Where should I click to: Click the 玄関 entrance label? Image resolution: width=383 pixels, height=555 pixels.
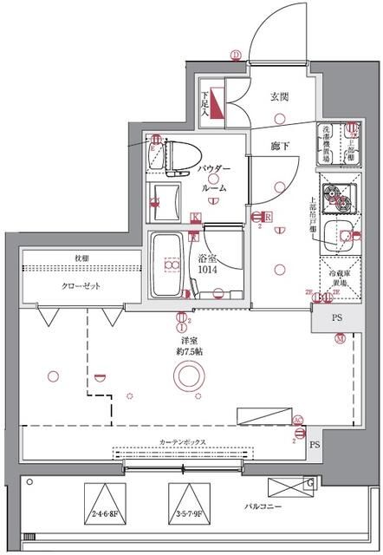(x=280, y=96)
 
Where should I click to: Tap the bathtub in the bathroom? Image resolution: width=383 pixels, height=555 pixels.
(x=165, y=265)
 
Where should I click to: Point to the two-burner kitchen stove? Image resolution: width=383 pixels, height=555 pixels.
(x=334, y=203)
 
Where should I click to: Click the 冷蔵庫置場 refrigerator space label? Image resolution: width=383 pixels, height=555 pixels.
(x=334, y=279)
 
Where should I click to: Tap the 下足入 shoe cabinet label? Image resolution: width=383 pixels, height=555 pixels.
(x=205, y=103)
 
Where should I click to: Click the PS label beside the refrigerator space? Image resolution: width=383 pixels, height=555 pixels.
(x=335, y=318)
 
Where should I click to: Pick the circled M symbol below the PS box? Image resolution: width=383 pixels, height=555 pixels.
(x=340, y=338)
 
